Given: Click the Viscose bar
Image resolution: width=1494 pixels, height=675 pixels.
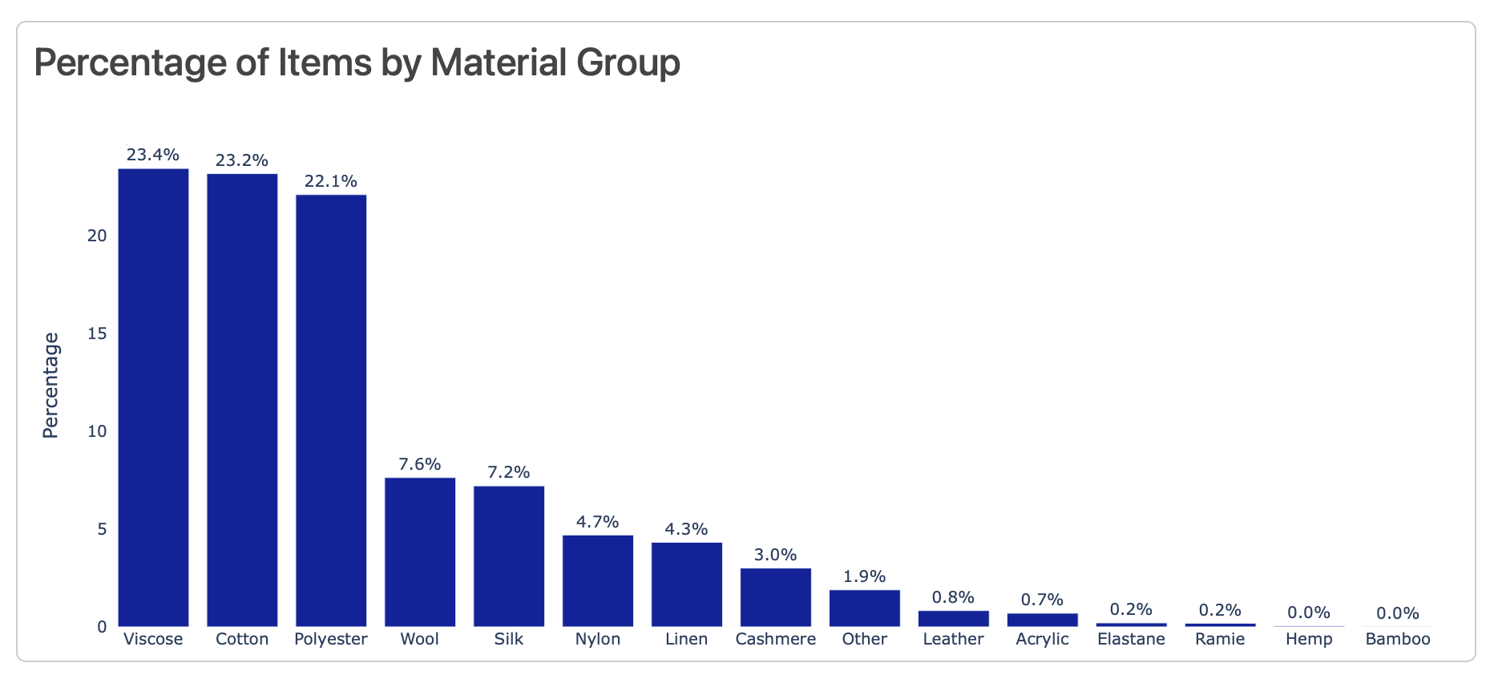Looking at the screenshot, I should point(153,397).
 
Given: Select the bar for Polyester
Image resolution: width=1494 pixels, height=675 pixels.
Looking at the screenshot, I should point(331,410).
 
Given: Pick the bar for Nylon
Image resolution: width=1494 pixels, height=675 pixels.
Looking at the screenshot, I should point(598,580).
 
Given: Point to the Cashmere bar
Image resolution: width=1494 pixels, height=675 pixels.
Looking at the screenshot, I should point(775,597).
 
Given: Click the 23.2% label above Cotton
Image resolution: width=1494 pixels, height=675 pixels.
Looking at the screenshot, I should point(242,160).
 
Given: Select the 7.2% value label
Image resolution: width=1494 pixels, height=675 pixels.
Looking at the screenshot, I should point(509,472).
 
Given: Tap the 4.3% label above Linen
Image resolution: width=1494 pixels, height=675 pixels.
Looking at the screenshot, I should point(687,529).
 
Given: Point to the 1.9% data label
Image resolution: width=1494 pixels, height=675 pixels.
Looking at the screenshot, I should point(864,576).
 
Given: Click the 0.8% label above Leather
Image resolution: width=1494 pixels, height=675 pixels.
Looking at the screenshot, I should point(953,597).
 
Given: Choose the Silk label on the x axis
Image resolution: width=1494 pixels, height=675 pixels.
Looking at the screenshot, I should point(509,639).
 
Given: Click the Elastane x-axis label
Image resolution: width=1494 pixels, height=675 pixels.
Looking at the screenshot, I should point(1131,639).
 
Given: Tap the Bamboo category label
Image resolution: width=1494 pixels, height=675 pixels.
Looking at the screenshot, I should point(1398,639).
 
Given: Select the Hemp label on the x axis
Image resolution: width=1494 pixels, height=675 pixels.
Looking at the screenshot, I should point(1309,639).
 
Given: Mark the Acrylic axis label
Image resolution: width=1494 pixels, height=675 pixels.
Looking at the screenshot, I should point(1042,639).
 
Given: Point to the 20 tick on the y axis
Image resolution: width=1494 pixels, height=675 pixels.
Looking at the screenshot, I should point(97,236).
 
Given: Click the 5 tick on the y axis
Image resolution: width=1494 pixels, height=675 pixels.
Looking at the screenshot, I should point(102,529).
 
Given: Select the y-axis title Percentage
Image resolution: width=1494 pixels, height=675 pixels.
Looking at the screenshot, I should point(50,385).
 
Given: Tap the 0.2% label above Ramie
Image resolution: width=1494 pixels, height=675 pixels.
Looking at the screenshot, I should point(1220,610).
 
